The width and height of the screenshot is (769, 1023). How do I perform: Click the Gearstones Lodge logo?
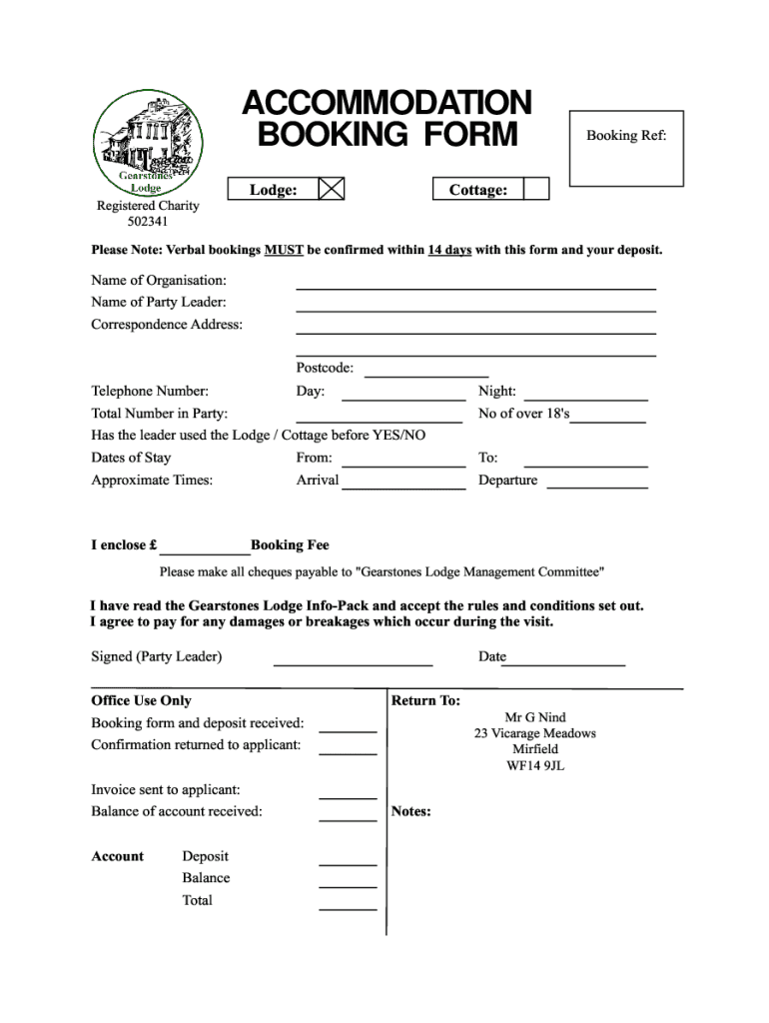(x=148, y=142)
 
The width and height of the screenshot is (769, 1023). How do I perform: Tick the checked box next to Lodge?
(x=331, y=189)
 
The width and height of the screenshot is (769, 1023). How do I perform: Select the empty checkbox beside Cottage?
(x=536, y=189)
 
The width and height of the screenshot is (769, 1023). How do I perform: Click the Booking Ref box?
(x=626, y=148)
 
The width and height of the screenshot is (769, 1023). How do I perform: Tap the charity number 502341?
(x=148, y=222)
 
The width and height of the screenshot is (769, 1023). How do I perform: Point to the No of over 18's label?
(x=523, y=414)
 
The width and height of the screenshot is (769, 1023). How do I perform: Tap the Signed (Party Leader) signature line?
(x=353, y=660)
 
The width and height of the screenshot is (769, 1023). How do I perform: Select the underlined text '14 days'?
(x=449, y=250)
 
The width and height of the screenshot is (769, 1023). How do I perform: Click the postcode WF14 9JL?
(x=535, y=766)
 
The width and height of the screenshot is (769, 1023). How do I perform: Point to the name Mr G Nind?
(x=535, y=717)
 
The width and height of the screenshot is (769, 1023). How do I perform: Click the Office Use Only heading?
(x=141, y=700)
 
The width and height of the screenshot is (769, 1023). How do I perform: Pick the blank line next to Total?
(x=348, y=905)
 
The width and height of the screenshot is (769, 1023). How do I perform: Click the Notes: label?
(x=411, y=811)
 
